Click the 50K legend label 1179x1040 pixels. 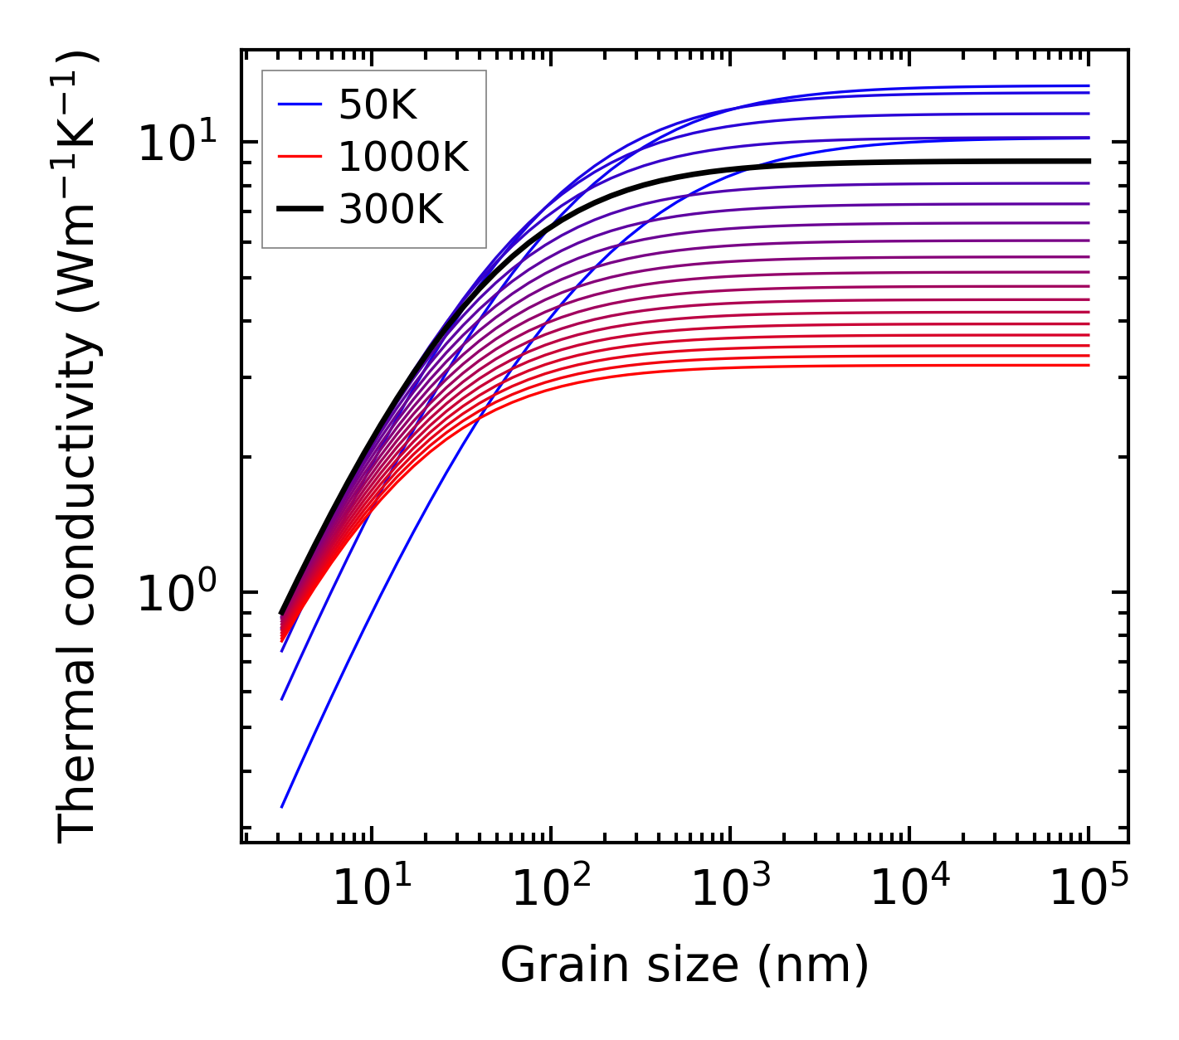point(378,104)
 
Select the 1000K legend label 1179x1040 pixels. point(403,157)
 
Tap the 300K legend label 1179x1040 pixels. point(391,210)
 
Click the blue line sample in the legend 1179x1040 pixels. point(299,104)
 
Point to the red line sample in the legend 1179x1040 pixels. point(299,157)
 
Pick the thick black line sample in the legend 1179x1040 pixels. point(299,210)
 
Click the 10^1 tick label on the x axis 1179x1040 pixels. point(372,891)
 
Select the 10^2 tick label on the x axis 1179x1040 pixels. point(551,891)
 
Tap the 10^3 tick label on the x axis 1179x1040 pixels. point(730,891)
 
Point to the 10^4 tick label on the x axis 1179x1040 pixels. point(909,891)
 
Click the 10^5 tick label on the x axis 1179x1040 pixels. point(1089,891)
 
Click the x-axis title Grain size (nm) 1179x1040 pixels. point(685,965)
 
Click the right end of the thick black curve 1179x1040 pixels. point(1088,161)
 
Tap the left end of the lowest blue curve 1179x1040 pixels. point(282,806)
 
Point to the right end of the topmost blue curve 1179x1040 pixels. point(1088,85)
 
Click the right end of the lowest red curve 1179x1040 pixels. point(1088,365)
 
